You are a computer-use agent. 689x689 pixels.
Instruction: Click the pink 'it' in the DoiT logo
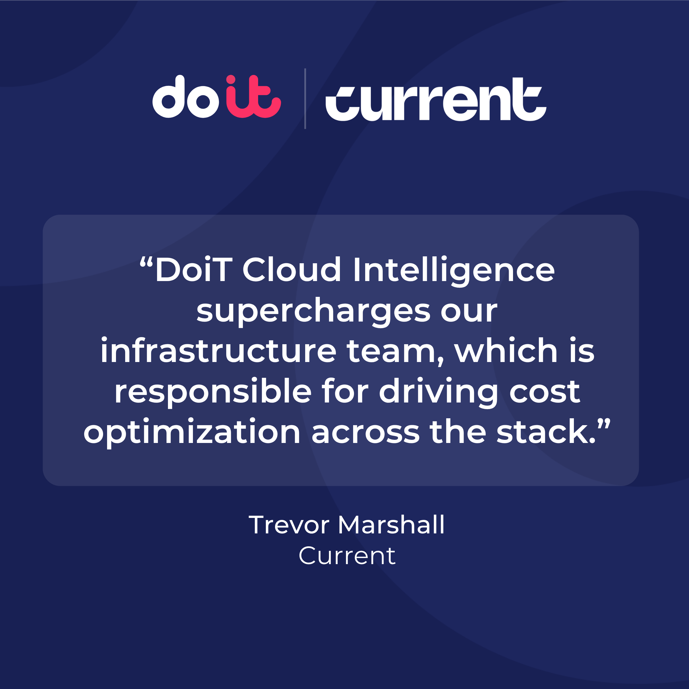point(253,97)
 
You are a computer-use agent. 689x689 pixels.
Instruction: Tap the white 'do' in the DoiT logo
point(185,97)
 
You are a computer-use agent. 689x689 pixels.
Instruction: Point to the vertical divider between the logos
point(305,98)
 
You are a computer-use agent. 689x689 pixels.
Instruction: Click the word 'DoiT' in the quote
point(194,270)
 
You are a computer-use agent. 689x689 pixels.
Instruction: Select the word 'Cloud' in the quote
point(291,270)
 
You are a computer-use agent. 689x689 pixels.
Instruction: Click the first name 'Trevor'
point(289,525)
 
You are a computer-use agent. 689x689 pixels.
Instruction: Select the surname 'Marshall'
point(391,525)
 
